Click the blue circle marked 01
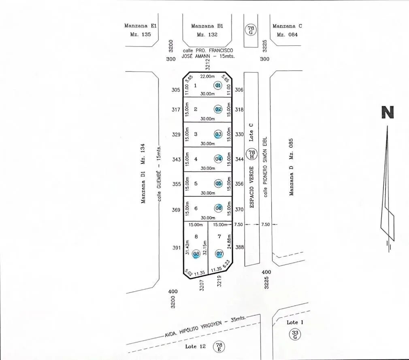[x=218, y=85]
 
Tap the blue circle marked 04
[x=218, y=159]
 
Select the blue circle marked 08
[x=196, y=254]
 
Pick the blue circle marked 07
[x=219, y=254]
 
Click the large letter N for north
[x=388, y=112]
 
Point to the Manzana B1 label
[x=207, y=26]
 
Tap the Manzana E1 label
[x=141, y=26]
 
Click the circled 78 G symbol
[x=251, y=30]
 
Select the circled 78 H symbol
[x=252, y=154]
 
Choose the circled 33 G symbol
[x=295, y=335]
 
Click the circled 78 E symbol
[x=219, y=347]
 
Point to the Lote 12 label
[x=195, y=347]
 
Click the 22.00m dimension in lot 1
[x=207, y=76]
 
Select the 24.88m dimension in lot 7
[x=229, y=241]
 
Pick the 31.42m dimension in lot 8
[x=187, y=247]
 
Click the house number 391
[x=176, y=248]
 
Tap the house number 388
[x=240, y=247]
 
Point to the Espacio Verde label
[x=252, y=187]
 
